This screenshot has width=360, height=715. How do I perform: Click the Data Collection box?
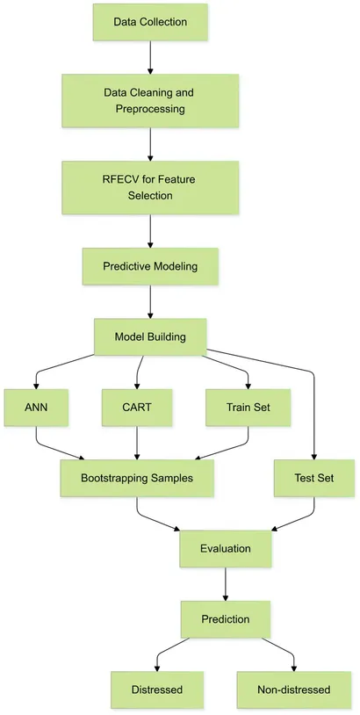150,22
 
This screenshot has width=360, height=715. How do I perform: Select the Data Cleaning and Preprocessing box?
150,100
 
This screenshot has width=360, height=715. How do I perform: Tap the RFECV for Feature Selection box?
150,187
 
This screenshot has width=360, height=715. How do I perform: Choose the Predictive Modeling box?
150,266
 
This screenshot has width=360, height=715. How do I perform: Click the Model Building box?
150,337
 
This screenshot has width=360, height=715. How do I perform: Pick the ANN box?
35,408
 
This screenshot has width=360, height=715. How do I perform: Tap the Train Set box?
248,408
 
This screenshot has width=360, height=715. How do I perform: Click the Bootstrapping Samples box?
137,478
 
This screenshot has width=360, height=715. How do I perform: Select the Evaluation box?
226,549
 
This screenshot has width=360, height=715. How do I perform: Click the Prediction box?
226,619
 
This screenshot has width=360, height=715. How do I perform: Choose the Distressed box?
157,690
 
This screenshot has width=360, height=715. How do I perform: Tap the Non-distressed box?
293,690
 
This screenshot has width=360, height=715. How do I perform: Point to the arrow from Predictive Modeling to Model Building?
150,301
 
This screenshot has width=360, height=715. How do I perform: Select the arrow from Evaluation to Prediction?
226,584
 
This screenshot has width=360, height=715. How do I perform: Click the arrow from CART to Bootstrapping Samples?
138,443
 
